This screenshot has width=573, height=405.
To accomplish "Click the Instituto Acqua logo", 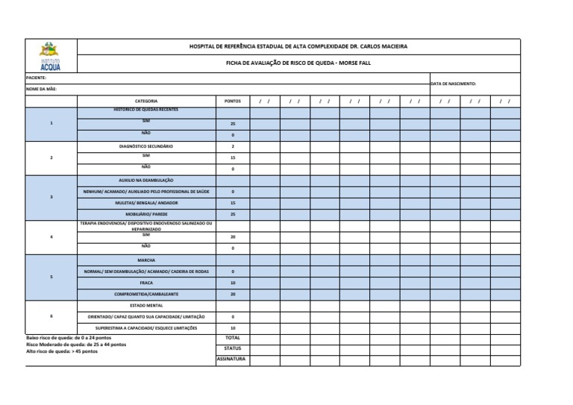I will [x=51, y=56].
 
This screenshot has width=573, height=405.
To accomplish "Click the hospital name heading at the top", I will [x=298, y=46].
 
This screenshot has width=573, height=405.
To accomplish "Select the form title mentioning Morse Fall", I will [x=298, y=63].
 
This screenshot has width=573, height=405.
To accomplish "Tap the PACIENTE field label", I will [x=36, y=78].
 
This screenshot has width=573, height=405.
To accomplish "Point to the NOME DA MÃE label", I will [x=41, y=89].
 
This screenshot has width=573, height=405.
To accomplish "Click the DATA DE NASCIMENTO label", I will [x=453, y=84].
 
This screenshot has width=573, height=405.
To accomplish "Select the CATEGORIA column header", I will [x=146, y=101].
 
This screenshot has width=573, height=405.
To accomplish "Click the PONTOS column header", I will [x=233, y=101].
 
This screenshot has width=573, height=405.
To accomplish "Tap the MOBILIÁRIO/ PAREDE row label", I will [x=146, y=214].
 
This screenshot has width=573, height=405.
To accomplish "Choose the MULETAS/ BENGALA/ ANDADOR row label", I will [x=146, y=203].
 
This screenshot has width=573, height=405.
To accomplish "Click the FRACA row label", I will [x=146, y=283].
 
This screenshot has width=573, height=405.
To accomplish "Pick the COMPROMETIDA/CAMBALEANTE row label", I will [x=146, y=294].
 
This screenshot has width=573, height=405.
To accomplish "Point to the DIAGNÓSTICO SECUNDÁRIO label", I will [x=146, y=146].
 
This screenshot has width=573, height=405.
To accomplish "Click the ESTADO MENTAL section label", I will [x=146, y=305].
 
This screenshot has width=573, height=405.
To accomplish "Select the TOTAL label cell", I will [x=233, y=338].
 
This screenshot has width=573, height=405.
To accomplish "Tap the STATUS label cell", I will [x=233, y=348].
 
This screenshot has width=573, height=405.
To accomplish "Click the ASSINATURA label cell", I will [x=231, y=360].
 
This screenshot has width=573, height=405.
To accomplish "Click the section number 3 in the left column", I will [x=51, y=197].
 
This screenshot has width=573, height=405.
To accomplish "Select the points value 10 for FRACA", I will [x=233, y=283].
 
